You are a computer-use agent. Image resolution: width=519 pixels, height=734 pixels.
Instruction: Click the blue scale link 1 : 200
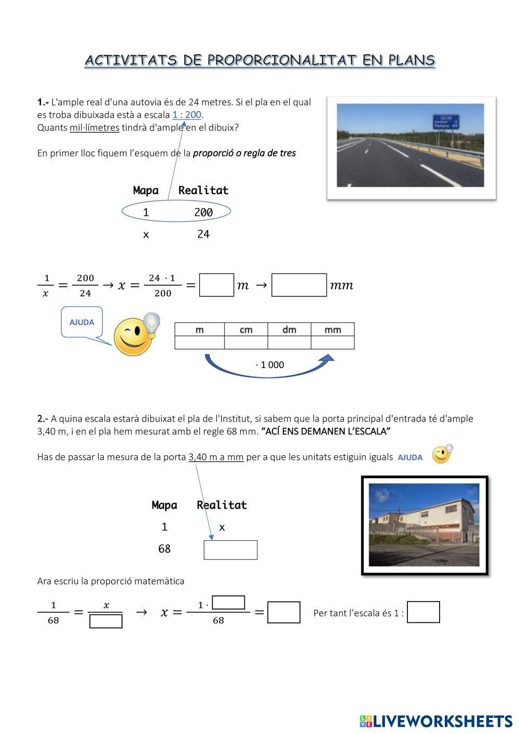coord(187,115)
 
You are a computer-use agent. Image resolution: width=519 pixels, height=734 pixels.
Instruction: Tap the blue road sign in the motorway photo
coord(446,121)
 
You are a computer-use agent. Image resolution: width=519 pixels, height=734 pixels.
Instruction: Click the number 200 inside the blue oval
coord(203,212)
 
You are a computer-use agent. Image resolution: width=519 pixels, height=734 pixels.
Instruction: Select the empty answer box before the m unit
coord(216,285)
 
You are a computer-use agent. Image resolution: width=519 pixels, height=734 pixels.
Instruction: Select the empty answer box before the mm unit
coord(299,285)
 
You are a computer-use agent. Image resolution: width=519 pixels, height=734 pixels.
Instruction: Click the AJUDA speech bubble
coord(81,322)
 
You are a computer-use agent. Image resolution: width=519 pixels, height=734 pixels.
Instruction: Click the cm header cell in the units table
coord(246,330)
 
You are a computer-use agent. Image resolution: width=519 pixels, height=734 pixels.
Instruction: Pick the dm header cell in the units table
coord(289,330)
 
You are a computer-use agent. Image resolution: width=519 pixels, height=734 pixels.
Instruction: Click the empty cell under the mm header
coord(333,343)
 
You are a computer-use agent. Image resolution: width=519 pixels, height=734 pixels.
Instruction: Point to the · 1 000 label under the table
coord(270,365)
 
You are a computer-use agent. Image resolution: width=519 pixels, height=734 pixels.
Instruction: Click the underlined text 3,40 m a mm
coord(216,457)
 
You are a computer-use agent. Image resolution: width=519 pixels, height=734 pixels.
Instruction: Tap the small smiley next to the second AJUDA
coord(442,454)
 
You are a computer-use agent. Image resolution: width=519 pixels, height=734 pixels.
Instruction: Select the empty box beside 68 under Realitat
coord(230,550)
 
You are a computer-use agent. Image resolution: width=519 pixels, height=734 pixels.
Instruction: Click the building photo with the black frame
coord(424,525)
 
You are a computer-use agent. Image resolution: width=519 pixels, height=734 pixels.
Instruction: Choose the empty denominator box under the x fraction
coord(106,621)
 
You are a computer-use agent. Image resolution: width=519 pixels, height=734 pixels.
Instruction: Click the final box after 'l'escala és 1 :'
coord(424,612)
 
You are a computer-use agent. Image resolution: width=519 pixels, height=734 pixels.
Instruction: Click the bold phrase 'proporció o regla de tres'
coord(244,153)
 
